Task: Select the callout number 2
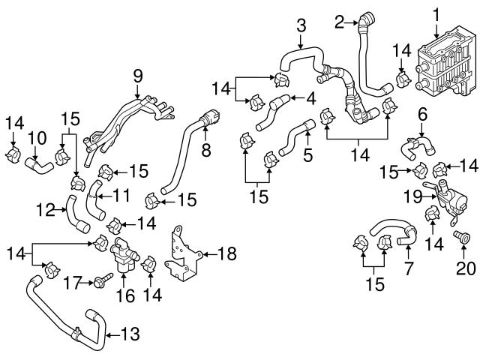(x=338, y=22)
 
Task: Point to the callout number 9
(x=137, y=76)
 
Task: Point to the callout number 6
(x=421, y=114)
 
